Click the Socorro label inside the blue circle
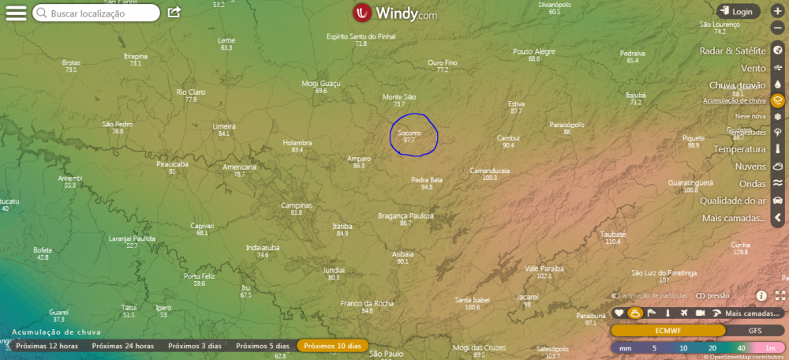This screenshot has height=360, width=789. (x=409, y=133)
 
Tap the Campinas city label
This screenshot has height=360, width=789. (x=297, y=205)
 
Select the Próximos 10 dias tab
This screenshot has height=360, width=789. (x=332, y=346)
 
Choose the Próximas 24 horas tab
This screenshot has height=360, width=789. (x=122, y=346)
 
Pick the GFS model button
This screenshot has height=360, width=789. (x=754, y=330)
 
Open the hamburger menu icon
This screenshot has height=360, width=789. (x=16, y=13)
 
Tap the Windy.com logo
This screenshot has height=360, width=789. (x=394, y=13)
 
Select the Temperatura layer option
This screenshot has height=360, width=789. (x=739, y=149)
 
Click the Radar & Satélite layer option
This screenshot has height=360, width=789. (x=732, y=51)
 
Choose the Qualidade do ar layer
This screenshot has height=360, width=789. (x=733, y=201)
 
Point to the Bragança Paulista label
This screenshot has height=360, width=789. (x=406, y=216)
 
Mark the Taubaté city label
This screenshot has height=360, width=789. (x=613, y=234)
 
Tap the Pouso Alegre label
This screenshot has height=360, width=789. (x=534, y=51)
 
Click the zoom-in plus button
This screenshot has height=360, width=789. (x=777, y=12)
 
